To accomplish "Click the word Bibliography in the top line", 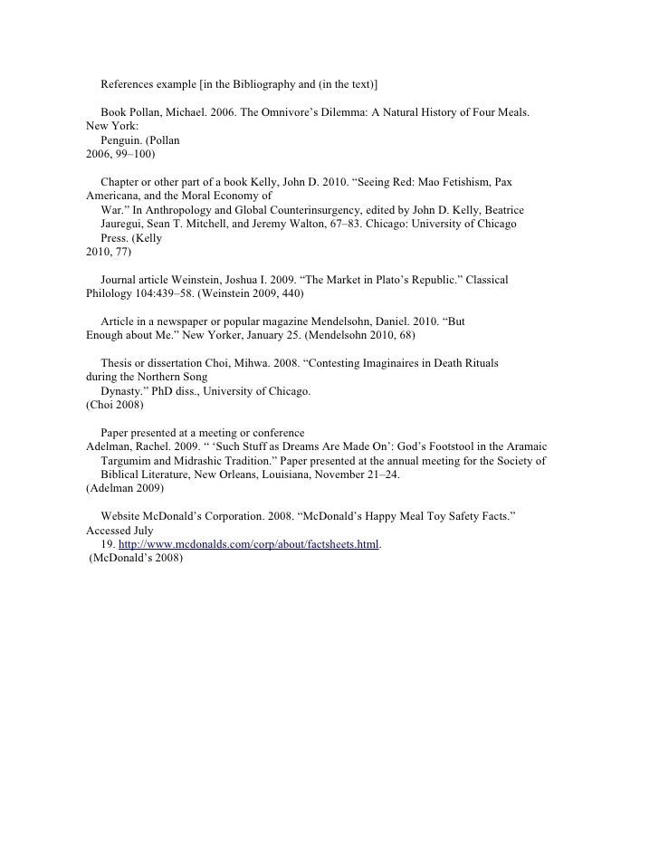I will coord(245,85).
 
